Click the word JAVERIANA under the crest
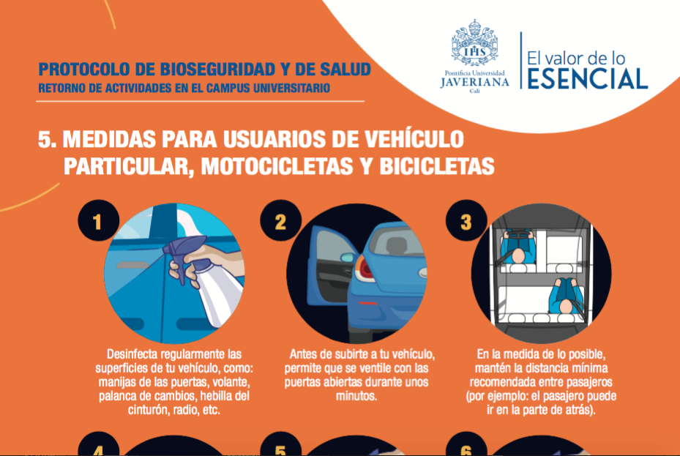474,82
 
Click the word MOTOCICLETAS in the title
275,166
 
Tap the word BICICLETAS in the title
437,166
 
